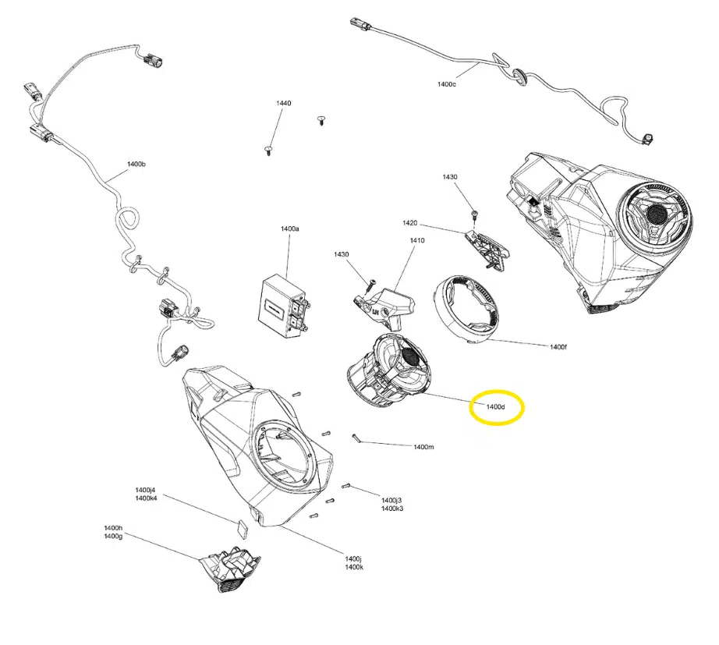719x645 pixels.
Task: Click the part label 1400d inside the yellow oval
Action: pyautogui.click(x=496, y=406)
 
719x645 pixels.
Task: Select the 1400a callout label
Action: pyautogui.click(x=289, y=229)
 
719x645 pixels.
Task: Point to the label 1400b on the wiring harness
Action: pyautogui.click(x=136, y=165)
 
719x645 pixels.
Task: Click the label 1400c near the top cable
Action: pyautogui.click(x=446, y=83)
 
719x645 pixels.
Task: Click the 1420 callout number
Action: pyautogui.click(x=410, y=223)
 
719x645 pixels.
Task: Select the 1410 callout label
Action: pyautogui.click(x=417, y=240)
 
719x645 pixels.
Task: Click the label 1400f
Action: pyautogui.click(x=558, y=346)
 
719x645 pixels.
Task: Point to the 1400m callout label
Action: pyautogui.click(x=423, y=447)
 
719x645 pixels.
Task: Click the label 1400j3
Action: pyautogui.click(x=391, y=499)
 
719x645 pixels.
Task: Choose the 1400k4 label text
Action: pyautogui.click(x=146, y=498)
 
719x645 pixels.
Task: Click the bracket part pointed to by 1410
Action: pyautogui.click(x=384, y=299)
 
